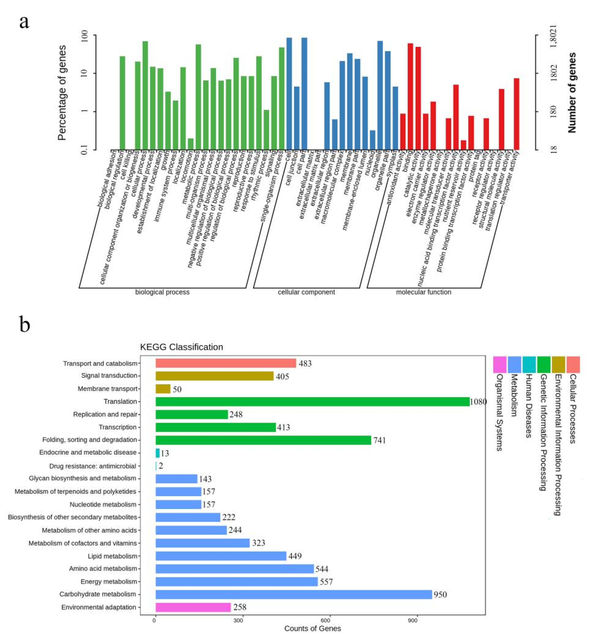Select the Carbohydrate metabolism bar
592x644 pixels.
tap(294, 594)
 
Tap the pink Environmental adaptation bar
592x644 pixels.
tap(193, 607)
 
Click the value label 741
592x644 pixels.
tap(379, 440)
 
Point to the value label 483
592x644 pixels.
tap(305, 363)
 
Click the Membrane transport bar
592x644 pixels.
tap(163, 389)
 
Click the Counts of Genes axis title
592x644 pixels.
tap(312, 628)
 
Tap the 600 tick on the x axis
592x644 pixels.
tap(330, 620)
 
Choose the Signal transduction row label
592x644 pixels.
tap(109, 375)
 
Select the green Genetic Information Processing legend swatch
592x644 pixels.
tap(544, 365)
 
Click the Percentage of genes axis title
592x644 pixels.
tap(62, 93)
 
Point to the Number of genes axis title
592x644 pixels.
tap(572, 93)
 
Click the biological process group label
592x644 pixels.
tap(162, 292)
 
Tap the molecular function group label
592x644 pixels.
tap(424, 292)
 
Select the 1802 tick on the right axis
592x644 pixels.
tap(553, 73)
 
